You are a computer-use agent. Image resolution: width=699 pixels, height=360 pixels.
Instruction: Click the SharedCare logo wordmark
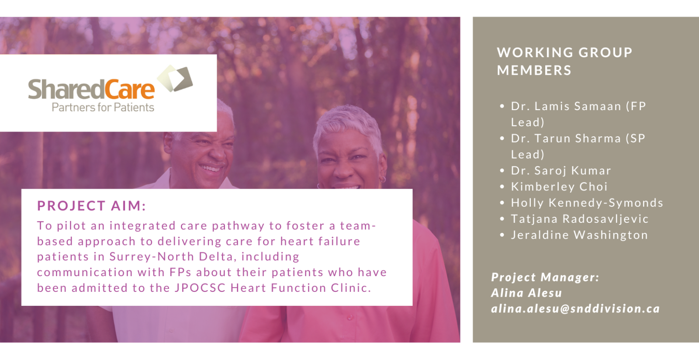[91, 89]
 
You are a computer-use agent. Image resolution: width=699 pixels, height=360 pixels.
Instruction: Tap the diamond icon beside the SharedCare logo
[175, 78]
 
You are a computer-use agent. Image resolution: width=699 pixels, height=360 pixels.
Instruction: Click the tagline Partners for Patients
[103, 107]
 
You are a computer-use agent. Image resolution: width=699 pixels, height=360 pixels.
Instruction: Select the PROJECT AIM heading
[91, 206]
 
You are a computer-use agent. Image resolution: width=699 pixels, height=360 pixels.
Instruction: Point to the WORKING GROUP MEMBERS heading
[564, 61]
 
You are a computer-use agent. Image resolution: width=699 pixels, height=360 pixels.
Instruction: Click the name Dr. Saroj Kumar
[561, 170]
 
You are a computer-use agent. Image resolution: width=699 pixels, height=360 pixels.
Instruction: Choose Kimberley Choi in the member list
[559, 187]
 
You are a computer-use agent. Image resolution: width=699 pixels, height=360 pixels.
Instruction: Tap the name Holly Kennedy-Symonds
[587, 203]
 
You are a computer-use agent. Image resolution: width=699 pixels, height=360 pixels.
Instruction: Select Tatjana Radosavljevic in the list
[579, 219]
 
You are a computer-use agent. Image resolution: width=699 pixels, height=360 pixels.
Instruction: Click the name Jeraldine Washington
[579, 235]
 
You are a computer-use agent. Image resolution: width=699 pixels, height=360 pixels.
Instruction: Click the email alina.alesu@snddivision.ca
[575, 309]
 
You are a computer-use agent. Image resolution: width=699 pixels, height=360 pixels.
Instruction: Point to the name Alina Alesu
[526, 293]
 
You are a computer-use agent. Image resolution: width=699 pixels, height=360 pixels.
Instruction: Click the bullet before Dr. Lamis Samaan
[502, 106]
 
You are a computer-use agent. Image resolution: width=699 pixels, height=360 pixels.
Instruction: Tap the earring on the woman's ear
[383, 179]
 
